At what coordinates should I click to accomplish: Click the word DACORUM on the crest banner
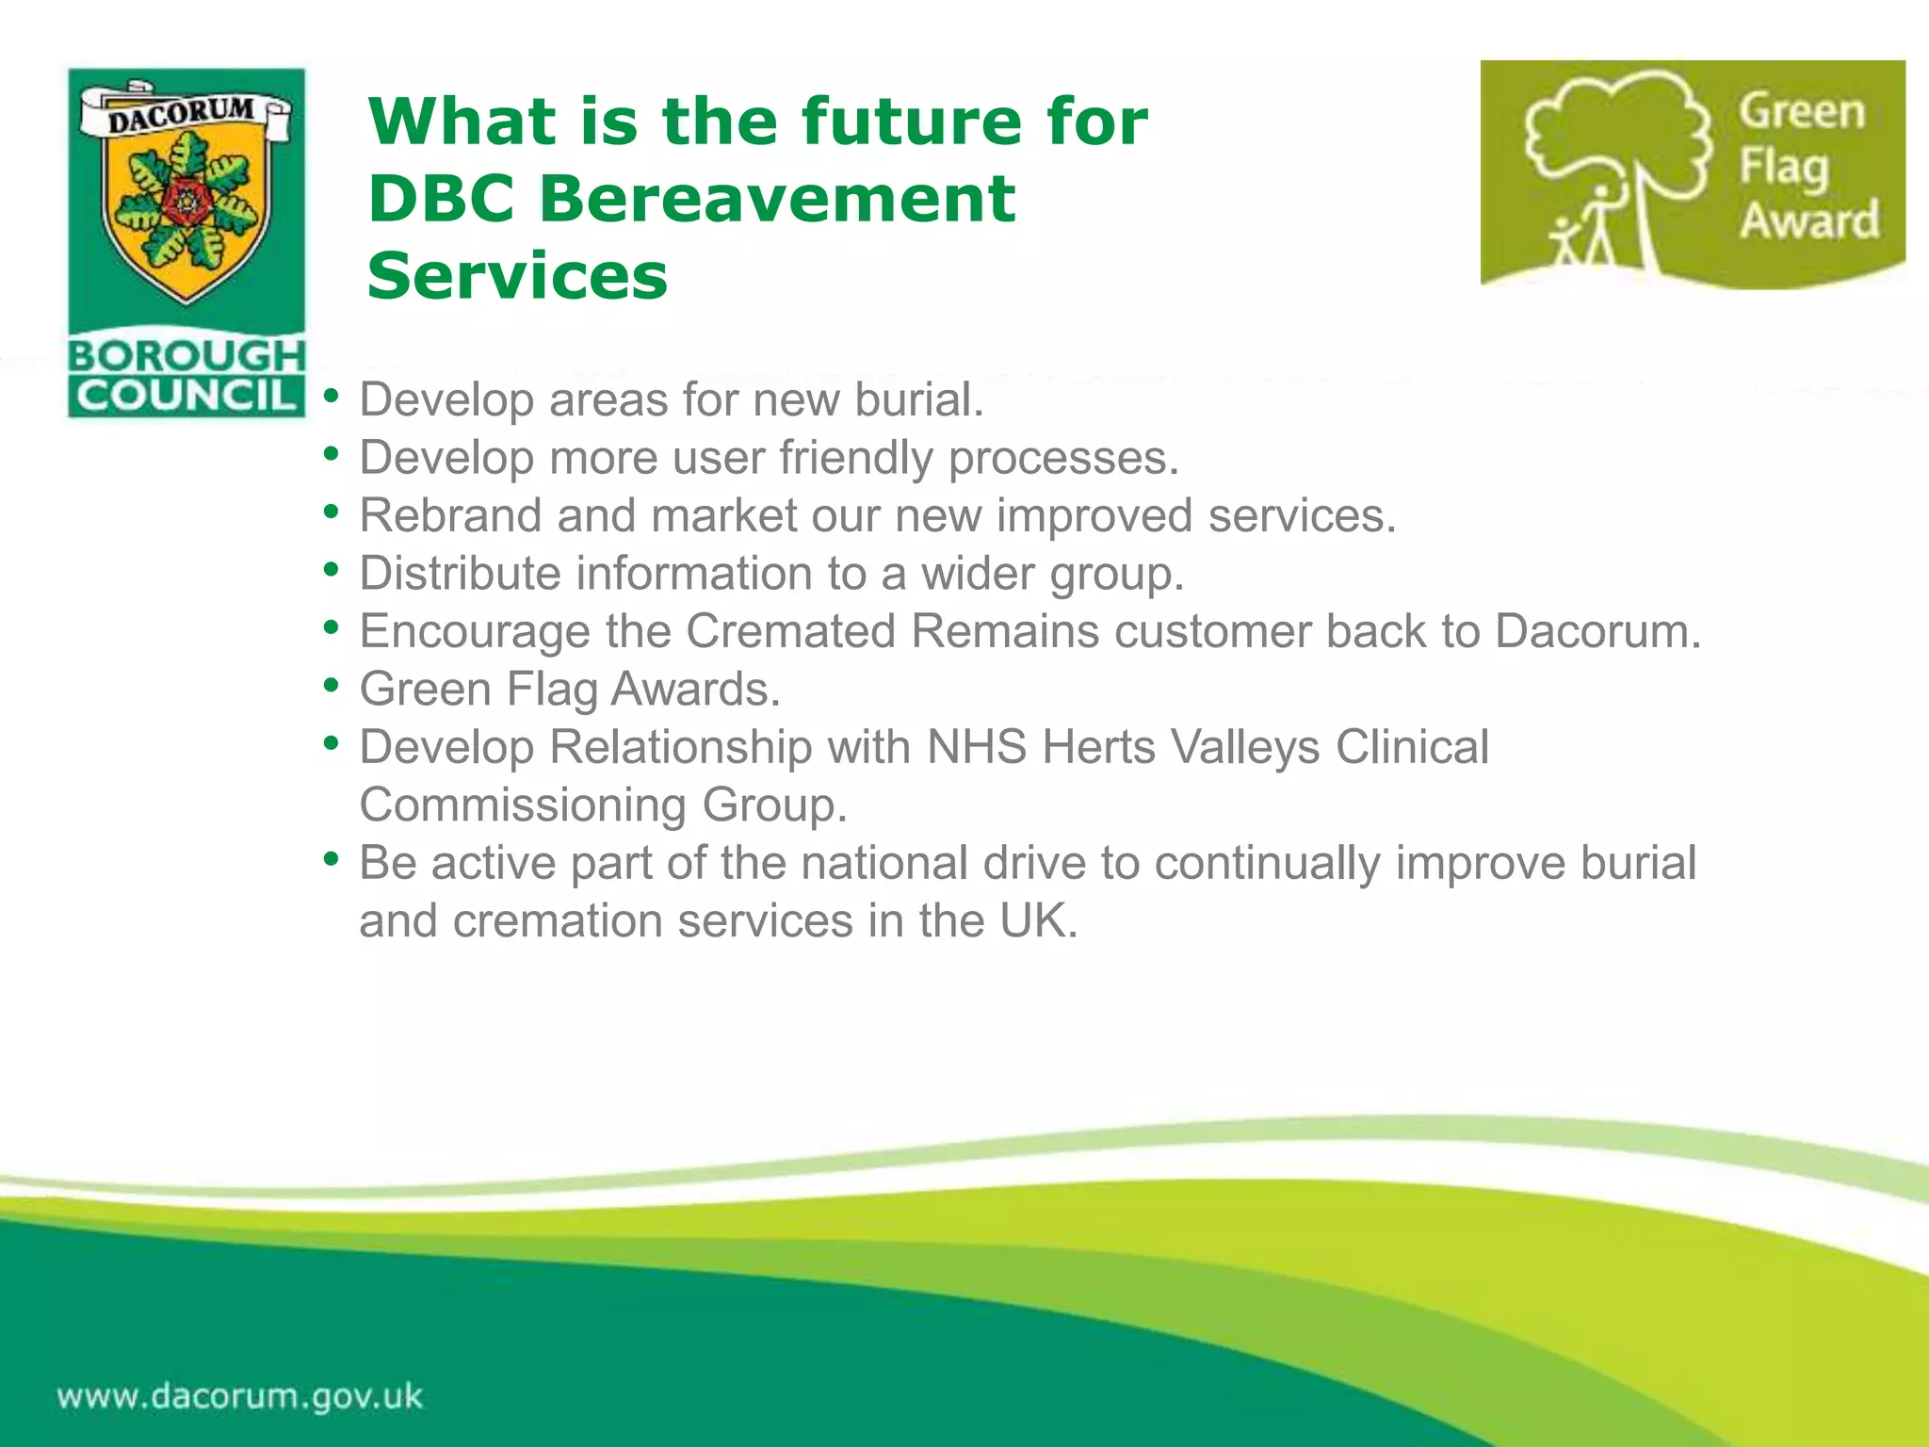[182, 115]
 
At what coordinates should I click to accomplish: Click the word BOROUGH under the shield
[186, 356]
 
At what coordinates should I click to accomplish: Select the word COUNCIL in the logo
[186, 396]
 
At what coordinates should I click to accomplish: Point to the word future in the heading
[910, 122]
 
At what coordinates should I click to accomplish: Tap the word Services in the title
[517, 276]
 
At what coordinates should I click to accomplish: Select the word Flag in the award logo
[1783, 167]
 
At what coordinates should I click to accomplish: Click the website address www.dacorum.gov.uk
[240, 1396]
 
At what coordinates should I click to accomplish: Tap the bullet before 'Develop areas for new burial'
[331, 396]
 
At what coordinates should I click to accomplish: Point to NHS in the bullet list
[976, 747]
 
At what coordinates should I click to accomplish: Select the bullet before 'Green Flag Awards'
[331, 686]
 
